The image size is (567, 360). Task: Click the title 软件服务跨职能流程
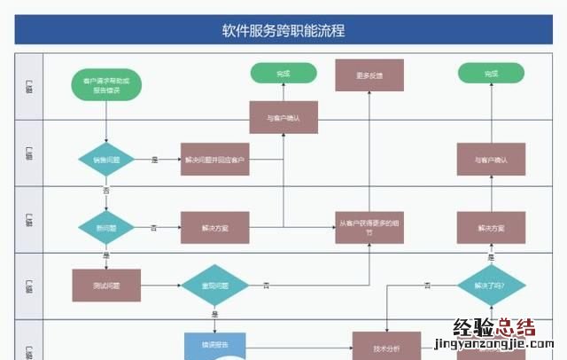pyautogui.click(x=283, y=30)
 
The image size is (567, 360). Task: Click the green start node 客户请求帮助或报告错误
pyautogui.click(x=106, y=85)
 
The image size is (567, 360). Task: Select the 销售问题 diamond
pyautogui.click(x=105, y=160)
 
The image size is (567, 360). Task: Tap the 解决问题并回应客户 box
pyautogui.click(x=215, y=160)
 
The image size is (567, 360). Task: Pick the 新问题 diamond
pyautogui.click(x=105, y=228)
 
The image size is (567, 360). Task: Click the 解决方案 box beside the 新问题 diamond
pyautogui.click(x=215, y=228)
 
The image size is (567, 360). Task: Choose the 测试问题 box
pyautogui.click(x=105, y=286)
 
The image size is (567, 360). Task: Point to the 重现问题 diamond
pyautogui.click(x=215, y=286)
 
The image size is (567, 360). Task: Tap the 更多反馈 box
pyautogui.click(x=369, y=75)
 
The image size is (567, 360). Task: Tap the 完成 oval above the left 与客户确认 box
pyautogui.click(x=283, y=73)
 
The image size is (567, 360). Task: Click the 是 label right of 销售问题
pyautogui.click(x=154, y=160)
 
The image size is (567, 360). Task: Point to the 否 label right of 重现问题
pyautogui.click(x=266, y=286)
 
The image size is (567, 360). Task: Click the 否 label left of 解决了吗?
pyautogui.click(x=427, y=286)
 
